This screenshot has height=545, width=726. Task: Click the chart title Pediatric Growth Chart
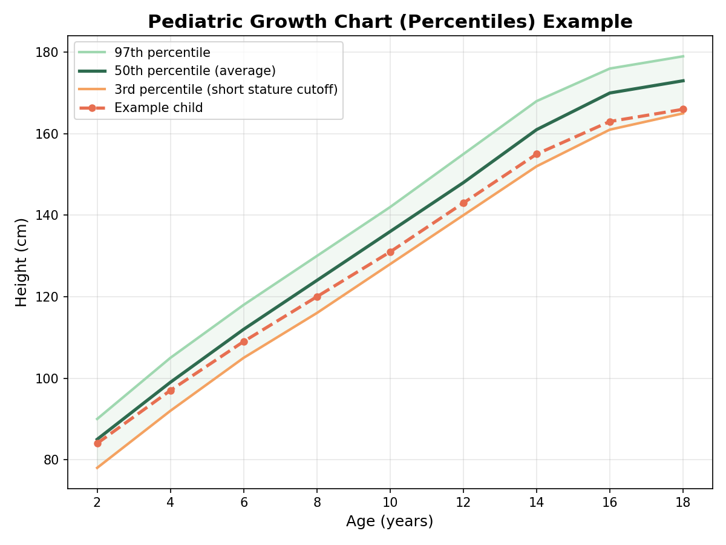click(x=390, y=22)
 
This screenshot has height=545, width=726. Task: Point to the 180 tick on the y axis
click(x=47, y=53)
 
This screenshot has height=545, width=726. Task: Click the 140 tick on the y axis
click(x=47, y=216)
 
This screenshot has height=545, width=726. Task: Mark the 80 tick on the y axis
click(x=51, y=460)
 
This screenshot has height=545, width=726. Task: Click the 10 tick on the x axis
click(x=390, y=503)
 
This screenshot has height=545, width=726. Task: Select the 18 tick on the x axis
click(x=683, y=503)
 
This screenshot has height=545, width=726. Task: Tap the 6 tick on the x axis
click(x=244, y=503)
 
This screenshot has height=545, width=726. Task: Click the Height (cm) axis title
click(x=21, y=262)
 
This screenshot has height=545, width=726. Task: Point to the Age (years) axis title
click(x=390, y=521)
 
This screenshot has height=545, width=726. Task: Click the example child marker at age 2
click(x=97, y=443)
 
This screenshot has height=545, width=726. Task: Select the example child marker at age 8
click(x=317, y=297)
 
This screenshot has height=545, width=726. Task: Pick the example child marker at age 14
click(x=537, y=154)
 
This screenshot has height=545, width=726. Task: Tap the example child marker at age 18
click(x=683, y=110)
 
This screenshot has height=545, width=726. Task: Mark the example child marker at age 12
click(x=463, y=203)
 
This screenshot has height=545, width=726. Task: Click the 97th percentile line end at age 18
click(x=683, y=56)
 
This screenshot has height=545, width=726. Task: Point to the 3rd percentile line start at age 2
click(x=97, y=468)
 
